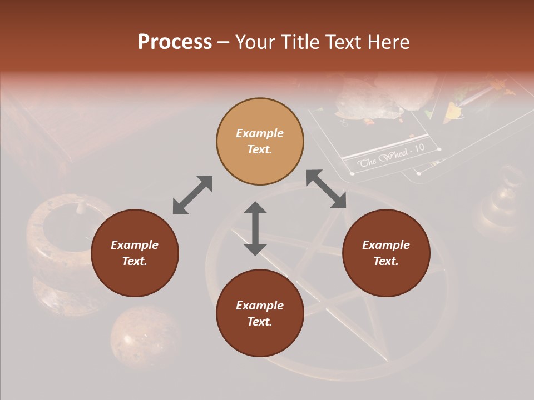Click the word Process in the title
pyautogui.click(x=175, y=42)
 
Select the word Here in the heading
pyautogui.click(x=388, y=42)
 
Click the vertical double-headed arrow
pyautogui.click(x=255, y=228)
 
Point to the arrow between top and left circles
pyautogui.click(x=192, y=194)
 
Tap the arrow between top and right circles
pyautogui.click(x=326, y=189)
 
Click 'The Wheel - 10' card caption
pyautogui.click(x=390, y=157)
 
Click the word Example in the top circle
pyautogui.click(x=260, y=133)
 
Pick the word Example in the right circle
pyautogui.click(x=386, y=245)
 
